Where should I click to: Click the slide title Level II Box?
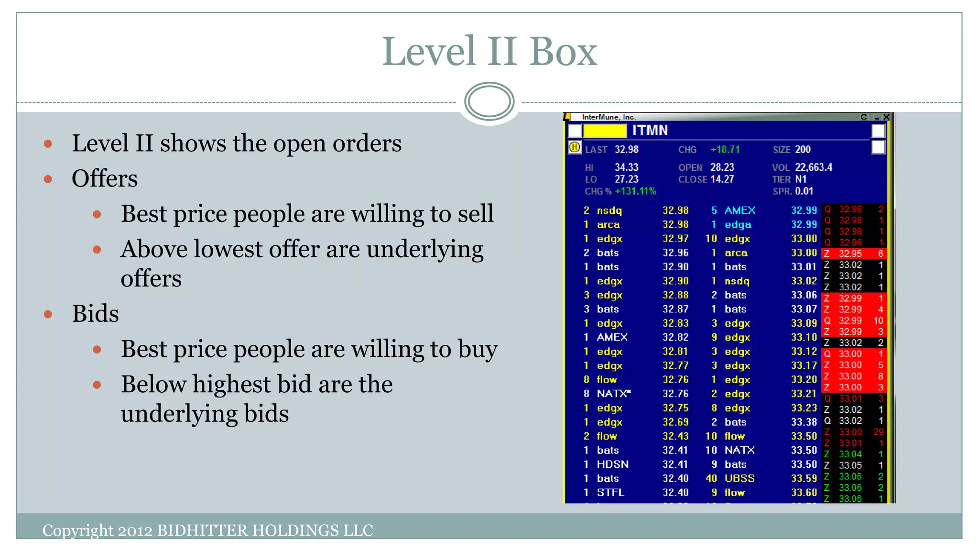pos(489,52)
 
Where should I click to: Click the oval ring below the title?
pos(489,101)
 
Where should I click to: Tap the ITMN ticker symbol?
pos(650,131)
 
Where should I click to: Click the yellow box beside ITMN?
pos(605,131)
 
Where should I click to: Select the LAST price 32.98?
pos(626,150)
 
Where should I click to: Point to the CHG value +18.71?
pos(725,150)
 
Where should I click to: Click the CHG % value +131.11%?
pos(635,191)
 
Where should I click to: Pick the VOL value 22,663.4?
pos(813,167)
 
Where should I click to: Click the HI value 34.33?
pos(626,167)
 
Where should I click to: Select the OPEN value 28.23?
pos(722,167)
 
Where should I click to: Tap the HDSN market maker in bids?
pos(612,464)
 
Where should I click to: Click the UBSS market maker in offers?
pos(739,478)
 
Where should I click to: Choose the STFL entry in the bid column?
pos(610,493)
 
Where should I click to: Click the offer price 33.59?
pos(804,478)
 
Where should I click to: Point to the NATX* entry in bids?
pos(614,394)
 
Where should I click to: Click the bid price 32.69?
pos(675,422)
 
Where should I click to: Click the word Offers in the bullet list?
pos(105,179)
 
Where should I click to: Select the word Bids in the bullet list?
pos(95,314)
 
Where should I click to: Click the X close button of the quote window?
pos(886,117)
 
